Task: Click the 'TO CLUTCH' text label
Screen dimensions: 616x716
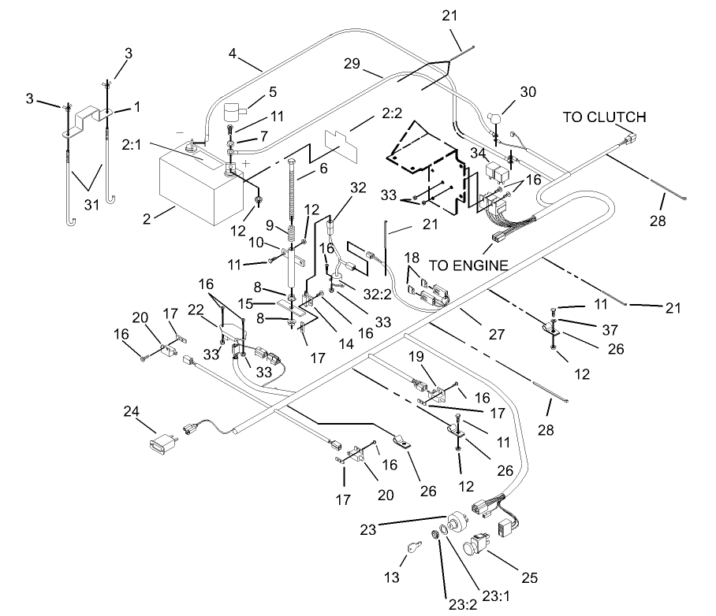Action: (x=603, y=117)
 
